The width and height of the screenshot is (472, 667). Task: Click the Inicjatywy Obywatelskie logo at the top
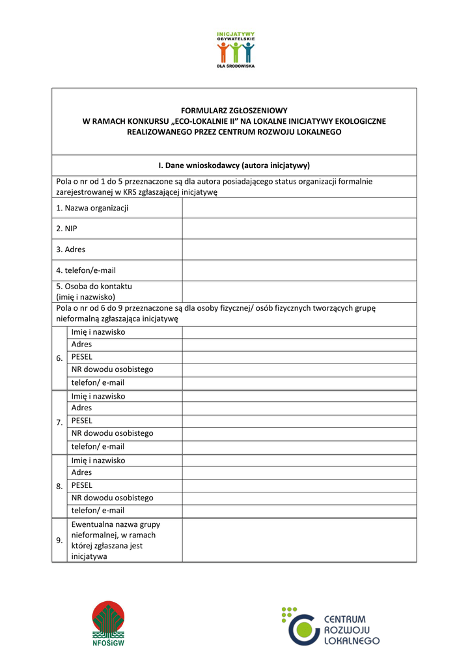[236, 50]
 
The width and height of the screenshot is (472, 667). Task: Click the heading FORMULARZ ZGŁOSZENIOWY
[234, 111]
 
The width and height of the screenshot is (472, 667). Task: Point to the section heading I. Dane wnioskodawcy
[234, 165]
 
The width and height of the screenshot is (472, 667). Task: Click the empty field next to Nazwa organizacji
[299, 208]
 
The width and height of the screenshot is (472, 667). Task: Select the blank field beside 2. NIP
[299, 229]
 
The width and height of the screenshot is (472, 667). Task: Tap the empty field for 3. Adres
[299, 249]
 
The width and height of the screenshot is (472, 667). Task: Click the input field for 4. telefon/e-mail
[299, 270]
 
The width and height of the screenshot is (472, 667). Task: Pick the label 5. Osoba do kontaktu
[94, 287]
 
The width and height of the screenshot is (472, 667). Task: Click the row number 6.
[60, 358]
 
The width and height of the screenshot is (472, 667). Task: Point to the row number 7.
[60, 423]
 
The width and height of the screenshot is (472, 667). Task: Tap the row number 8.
[60, 487]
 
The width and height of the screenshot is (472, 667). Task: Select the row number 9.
[60, 540]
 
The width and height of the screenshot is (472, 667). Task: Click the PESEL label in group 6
[82, 357]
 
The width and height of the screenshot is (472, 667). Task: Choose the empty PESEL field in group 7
[299, 421]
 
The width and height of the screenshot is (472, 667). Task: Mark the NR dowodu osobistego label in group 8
[113, 498]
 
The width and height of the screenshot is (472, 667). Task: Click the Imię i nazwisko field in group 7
[299, 396]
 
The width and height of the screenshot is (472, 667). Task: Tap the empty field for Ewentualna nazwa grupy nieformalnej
[299, 540]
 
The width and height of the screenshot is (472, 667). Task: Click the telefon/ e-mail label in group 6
[98, 382]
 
